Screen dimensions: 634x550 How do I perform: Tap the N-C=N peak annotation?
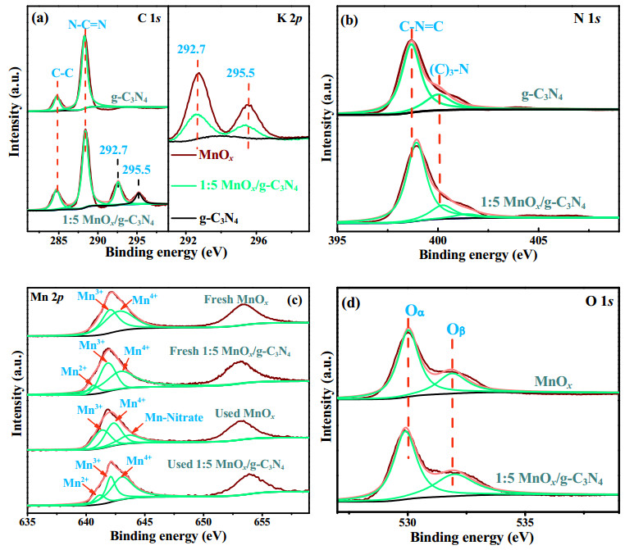[x=87, y=25]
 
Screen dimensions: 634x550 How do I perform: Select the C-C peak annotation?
[x=62, y=73]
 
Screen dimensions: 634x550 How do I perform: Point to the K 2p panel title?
[x=290, y=19]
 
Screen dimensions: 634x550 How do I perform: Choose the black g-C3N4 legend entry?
[x=219, y=219]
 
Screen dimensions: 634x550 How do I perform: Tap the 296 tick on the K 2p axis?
[x=258, y=240]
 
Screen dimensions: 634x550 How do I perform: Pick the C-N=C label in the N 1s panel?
[x=421, y=27]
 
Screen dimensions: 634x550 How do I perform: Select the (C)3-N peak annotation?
[x=449, y=70]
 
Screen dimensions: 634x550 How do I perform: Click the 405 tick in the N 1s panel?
[x=538, y=241]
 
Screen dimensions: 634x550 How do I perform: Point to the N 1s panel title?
[x=587, y=19]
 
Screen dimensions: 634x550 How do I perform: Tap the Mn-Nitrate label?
[x=174, y=417]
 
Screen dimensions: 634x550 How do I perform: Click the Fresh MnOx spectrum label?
[x=236, y=300]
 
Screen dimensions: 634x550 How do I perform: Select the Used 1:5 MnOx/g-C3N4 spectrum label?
[x=226, y=464]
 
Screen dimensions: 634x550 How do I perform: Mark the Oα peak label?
[x=414, y=311]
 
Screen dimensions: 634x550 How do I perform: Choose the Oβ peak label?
[x=456, y=330]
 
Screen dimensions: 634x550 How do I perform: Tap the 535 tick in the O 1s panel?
[x=525, y=523]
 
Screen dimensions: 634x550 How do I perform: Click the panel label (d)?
[x=350, y=302]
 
